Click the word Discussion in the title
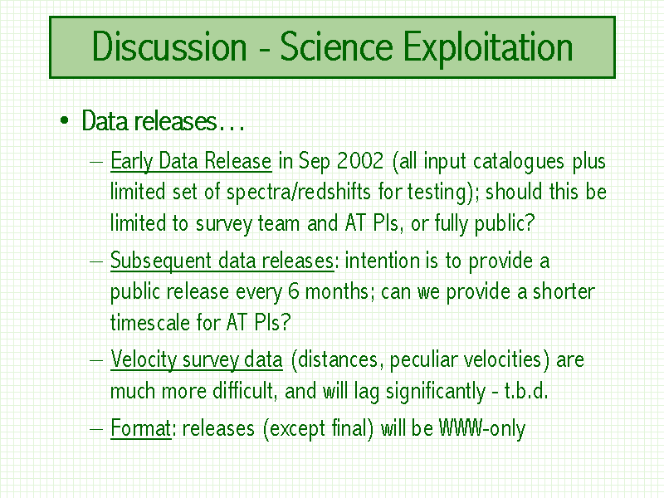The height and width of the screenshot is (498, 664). [x=169, y=46]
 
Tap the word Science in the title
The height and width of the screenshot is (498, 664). [x=337, y=46]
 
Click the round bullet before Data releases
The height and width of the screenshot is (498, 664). [x=65, y=121]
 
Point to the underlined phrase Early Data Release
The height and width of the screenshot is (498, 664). [x=191, y=162]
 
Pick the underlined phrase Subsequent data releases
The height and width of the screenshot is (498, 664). [x=222, y=261]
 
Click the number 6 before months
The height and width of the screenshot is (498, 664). [x=294, y=291]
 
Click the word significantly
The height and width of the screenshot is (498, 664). [x=435, y=392]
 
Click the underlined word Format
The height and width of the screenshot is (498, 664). [x=140, y=427]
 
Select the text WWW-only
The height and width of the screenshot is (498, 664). [x=482, y=428]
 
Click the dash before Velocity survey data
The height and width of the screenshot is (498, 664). [x=96, y=360]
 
